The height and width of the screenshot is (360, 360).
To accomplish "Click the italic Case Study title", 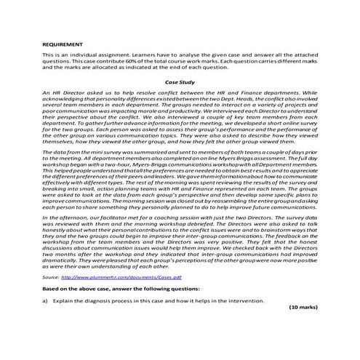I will click(x=180, y=82).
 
